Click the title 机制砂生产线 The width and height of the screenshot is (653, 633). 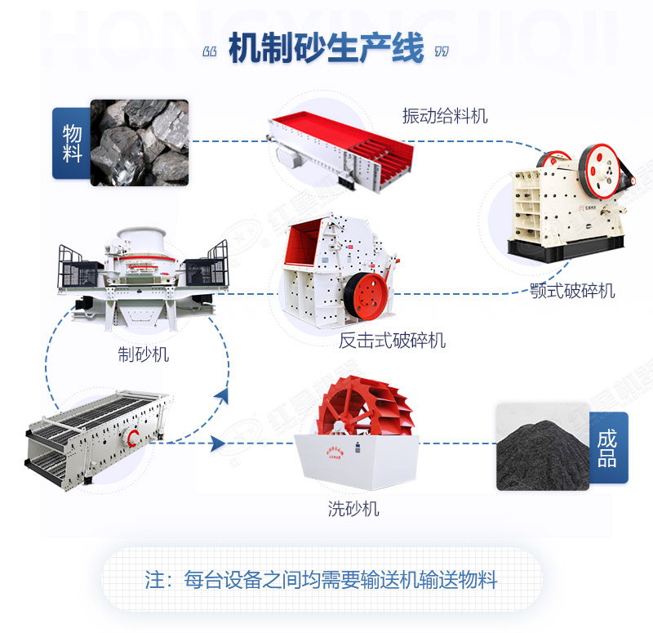click(x=326, y=49)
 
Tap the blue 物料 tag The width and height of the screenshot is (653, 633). click(x=71, y=143)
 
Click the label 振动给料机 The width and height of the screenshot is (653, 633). click(x=445, y=116)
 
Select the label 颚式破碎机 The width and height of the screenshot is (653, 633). click(x=572, y=291)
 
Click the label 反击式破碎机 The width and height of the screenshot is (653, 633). click(x=392, y=340)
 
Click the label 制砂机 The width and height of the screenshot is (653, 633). click(x=144, y=354)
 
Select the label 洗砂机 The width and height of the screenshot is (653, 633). click(x=353, y=509)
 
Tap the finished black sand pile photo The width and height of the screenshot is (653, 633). click(x=542, y=446)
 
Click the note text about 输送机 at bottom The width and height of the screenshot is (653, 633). click(x=321, y=581)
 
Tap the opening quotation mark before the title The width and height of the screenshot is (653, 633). click(x=209, y=51)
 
